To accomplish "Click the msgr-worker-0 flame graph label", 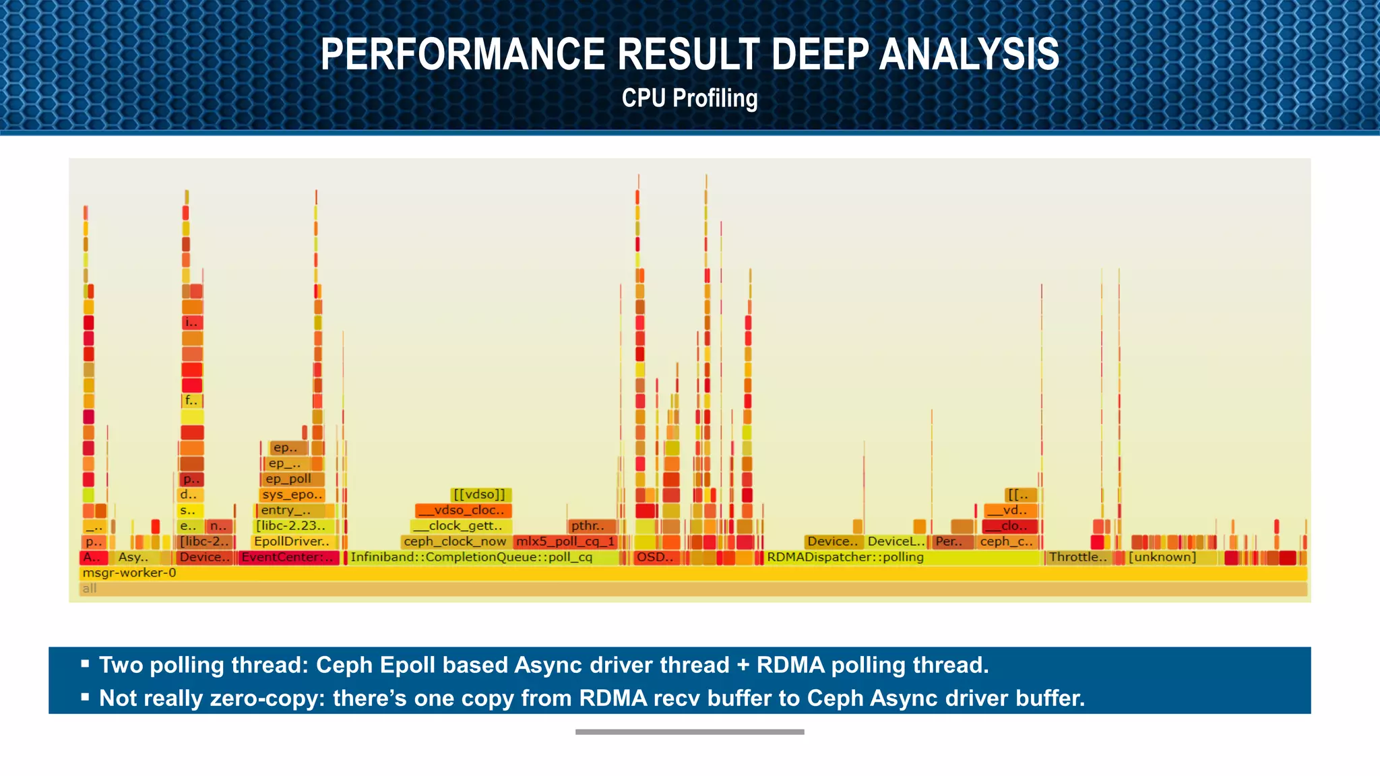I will pos(129,573).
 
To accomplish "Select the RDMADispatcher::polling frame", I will pos(845,558).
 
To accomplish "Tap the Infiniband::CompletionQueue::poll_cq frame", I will pos(472,558).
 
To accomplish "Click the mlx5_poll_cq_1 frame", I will pos(565,542).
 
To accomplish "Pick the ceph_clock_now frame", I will pos(455,542).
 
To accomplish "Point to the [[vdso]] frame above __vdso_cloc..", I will pos(480,495).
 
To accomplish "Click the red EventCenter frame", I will pos(288,558).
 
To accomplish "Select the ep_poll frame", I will pos(290,479).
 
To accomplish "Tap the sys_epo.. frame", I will pos(292,495).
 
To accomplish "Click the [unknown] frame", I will pos(1162,558).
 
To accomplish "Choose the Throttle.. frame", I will pos(1077,558).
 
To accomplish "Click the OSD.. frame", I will pos(655,558).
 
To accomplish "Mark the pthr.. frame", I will pos(590,526).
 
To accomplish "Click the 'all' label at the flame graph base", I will pos(90,589).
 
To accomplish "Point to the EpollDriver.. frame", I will pos(292,542).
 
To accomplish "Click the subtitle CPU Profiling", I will pos(689,98).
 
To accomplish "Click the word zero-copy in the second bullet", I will pos(261,699).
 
